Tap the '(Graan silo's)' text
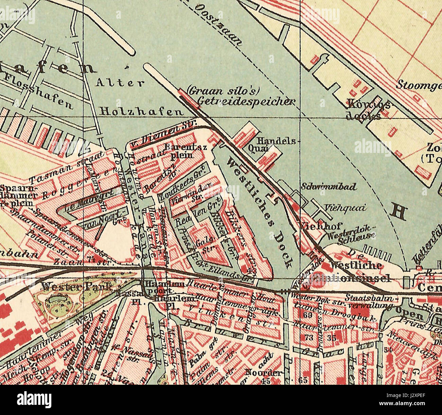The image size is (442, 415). point(225,91)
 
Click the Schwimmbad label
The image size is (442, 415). point(329,187)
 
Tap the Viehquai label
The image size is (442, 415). point(345,208)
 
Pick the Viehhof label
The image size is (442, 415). point(321,226)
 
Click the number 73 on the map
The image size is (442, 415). point(309,338)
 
